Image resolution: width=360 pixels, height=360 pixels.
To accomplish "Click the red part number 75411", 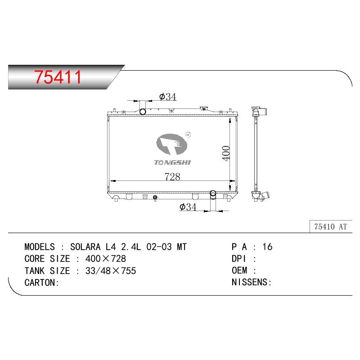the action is pos(58,77).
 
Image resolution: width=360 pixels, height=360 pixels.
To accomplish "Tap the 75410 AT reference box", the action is pos(331,227).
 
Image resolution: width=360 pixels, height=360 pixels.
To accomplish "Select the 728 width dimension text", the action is pos(172,176).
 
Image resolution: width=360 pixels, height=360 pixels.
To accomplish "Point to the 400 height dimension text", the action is pos(226,153).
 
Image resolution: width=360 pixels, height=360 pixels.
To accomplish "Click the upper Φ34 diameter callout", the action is pos(168,97).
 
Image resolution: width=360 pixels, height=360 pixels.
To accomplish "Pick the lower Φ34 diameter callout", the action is pos(188,207).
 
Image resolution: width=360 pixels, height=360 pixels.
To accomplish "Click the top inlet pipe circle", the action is pos(143,112).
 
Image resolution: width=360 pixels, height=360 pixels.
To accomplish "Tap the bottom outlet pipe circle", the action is pos(213,193).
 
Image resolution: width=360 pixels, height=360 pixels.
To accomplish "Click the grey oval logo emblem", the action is pos(171,144).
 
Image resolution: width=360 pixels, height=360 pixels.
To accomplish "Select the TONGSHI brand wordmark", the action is pos(172,162).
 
